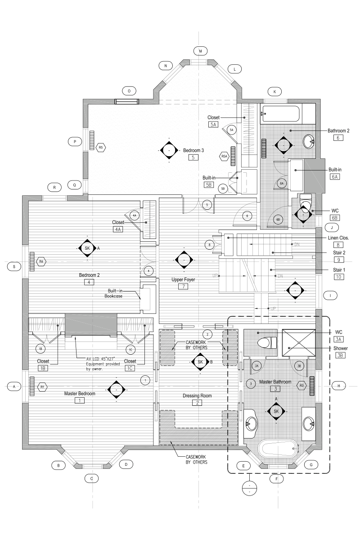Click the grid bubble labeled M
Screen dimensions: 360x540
tap(200, 51)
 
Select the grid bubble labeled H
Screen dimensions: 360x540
tap(339, 386)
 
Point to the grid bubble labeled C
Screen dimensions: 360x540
tap(91, 479)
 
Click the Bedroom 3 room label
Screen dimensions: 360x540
tap(193, 150)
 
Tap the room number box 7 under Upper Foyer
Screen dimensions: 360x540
tap(183, 287)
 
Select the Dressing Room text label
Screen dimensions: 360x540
tap(197, 396)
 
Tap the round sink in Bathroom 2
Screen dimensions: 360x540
tap(310, 142)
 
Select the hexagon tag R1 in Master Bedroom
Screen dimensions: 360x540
tap(42, 387)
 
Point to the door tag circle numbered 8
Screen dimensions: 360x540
tap(209, 245)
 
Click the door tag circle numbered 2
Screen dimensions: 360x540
tap(207, 334)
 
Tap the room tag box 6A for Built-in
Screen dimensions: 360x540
tap(334, 177)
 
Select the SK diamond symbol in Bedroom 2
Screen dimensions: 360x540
tap(87, 248)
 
